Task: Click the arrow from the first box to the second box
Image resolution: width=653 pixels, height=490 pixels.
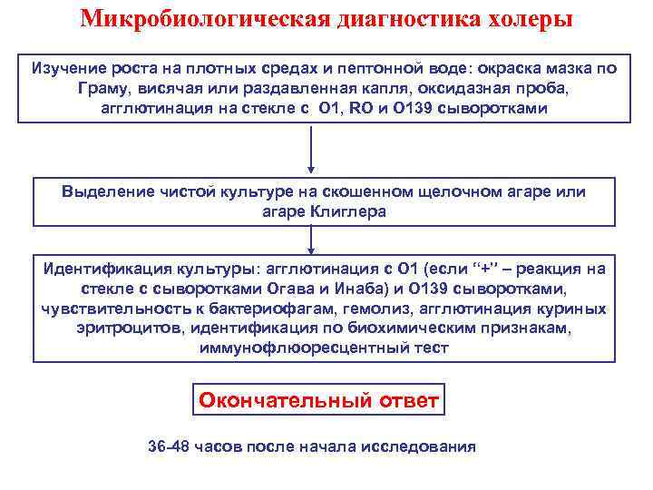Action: click(x=312, y=150)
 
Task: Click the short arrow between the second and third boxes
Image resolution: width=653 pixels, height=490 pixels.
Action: click(x=312, y=240)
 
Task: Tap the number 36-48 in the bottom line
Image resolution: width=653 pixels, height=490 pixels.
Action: click(x=169, y=447)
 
